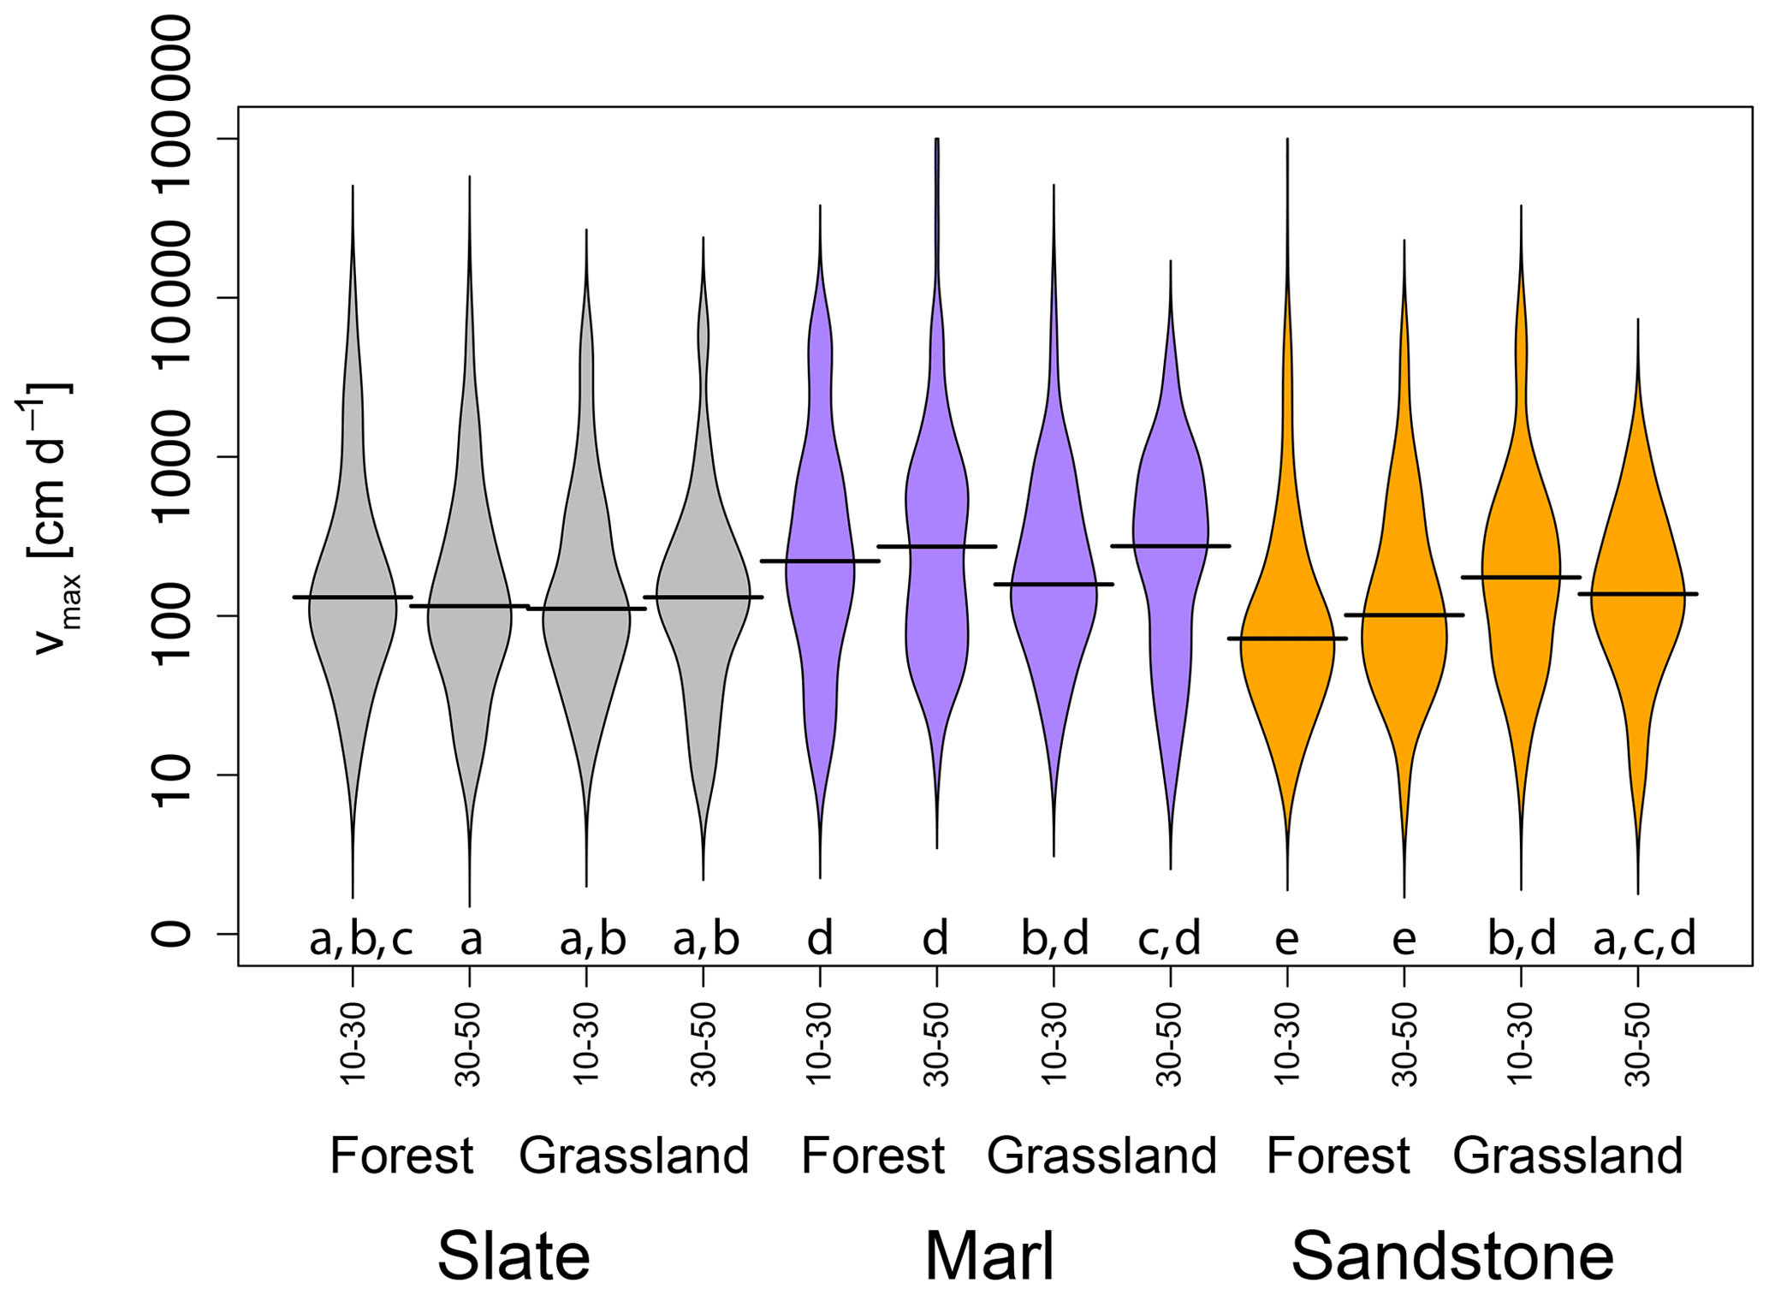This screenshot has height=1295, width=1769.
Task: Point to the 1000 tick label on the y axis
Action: tap(171, 456)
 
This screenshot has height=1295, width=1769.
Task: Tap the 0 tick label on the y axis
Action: tap(171, 934)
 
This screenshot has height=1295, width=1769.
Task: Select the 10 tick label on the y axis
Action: tap(171, 775)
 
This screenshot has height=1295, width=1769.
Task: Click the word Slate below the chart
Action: tap(513, 1256)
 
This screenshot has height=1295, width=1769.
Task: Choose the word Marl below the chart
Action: tap(989, 1256)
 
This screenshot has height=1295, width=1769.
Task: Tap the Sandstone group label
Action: tap(1452, 1256)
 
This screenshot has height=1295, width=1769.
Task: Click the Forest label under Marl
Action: tap(873, 1155)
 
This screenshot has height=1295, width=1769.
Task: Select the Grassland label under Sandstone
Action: tap(1568, 1155)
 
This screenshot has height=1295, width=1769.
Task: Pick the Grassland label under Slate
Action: tap(634, 1155)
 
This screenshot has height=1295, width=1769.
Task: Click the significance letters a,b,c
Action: tap(360, 940)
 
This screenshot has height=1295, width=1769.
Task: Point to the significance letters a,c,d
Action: tap(1644, 940)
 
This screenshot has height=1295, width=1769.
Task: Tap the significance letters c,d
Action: tap(1169, 940)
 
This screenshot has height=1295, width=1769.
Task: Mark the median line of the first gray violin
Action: tap(353, 597)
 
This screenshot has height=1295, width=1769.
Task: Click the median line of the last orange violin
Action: tap(1637, 593)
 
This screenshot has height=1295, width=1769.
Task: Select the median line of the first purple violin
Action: tap(820, 561)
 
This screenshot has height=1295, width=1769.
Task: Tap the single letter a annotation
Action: tap(471, 940)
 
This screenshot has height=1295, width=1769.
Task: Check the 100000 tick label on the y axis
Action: tap(171, 297)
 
